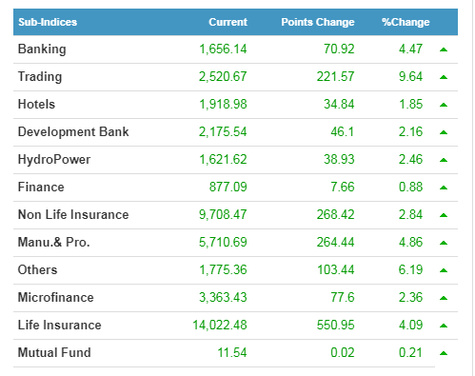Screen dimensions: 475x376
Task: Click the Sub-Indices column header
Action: coord(48,22)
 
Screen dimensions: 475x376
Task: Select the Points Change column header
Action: coord(318,22)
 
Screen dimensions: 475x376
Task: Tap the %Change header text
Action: coord(406,22)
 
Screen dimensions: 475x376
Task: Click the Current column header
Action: coord(228,22)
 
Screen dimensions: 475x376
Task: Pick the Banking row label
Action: coord(42,49)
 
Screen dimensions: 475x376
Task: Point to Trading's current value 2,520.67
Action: coord(223,77)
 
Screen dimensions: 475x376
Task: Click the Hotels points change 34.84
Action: coord(339,105)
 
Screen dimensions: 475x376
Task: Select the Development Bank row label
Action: coord(73,132)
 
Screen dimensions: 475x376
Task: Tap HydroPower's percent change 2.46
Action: coord(410,159)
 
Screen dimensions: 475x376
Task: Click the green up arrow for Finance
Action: coord(444,188)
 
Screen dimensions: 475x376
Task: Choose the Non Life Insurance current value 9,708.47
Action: coord(223,215)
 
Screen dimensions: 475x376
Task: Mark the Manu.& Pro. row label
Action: coord(54,243)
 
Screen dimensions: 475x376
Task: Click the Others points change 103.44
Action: coord(336,270)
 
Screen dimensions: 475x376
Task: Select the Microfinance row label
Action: coord(56,298)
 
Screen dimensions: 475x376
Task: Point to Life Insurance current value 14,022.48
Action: coord(220,326)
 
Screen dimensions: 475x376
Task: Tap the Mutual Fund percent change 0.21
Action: coord(410,353)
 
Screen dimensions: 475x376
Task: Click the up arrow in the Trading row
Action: coord(444,77)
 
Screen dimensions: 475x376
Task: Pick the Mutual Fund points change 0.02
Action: coord(343,353)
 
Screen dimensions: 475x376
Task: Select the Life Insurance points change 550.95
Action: coord(336,326)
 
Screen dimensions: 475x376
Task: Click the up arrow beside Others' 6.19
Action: coord(444,270)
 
